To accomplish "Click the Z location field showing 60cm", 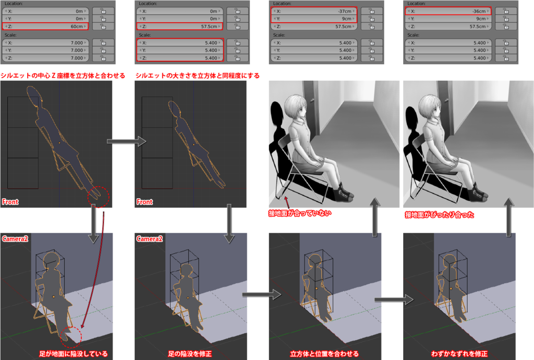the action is (45, 26).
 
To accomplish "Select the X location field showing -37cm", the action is (314, 11).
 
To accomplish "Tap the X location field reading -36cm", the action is (448, 11).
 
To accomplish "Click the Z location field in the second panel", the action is (179, 26).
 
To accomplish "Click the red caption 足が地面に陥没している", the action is (73, 354).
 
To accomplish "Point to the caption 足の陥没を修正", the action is (190, 354).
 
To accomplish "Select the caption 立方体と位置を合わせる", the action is (324, 354).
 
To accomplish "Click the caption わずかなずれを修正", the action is (459, 354).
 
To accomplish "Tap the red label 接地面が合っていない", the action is (300, 213).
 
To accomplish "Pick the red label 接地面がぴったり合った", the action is (439, 214).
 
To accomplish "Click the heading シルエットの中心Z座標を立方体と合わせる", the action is (63, 76).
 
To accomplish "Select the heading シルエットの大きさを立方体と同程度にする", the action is (198, 76).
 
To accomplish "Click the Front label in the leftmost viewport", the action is (10, 202).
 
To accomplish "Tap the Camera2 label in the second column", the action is (150, 239).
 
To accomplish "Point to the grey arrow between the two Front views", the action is (126, 141).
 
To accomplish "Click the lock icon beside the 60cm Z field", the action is (103, 26).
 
